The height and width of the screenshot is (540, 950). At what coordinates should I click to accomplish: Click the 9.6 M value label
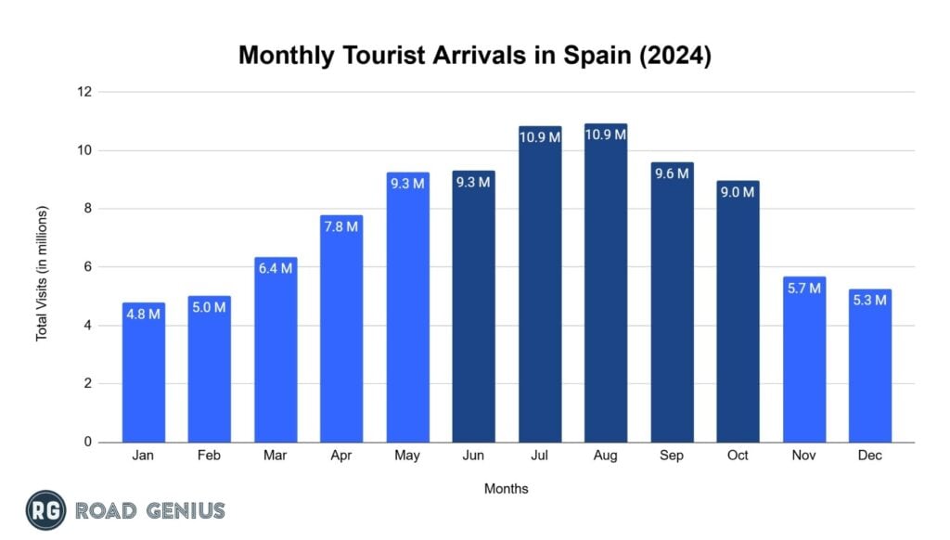click(672, 174)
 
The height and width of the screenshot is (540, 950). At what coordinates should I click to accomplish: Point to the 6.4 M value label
click(275, 269)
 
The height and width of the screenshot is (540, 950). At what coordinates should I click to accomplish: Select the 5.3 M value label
click(869, 301)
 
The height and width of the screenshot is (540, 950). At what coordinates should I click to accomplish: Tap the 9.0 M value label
click(738, 192)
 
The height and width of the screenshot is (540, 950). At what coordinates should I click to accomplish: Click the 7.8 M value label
click(340, 226)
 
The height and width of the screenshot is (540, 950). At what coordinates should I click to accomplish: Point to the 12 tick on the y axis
click(84, 92)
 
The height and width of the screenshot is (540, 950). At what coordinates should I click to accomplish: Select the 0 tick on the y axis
click(88, 443)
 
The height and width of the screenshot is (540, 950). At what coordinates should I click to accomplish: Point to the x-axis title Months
click(507, 489)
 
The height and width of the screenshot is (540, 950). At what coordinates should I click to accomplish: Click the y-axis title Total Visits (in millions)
click(42, 273)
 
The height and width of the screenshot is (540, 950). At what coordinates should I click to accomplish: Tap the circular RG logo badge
click(45, 510)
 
